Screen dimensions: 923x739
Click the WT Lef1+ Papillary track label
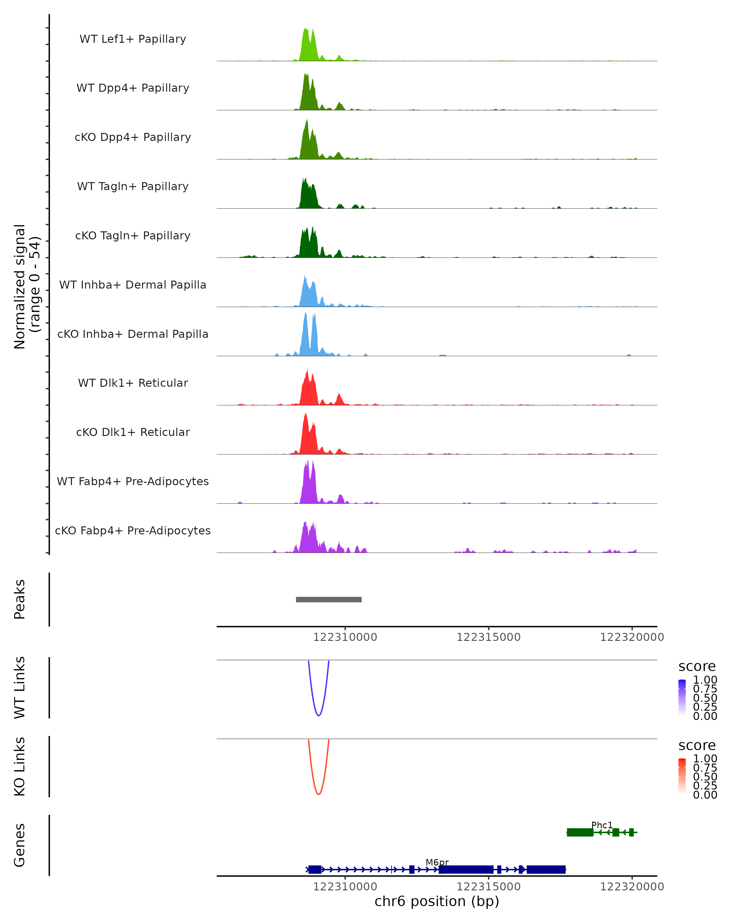133,39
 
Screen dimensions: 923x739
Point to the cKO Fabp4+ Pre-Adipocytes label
133,530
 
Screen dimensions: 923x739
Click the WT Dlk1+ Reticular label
133,383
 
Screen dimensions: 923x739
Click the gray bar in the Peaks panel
329,599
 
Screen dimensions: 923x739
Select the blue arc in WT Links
318,715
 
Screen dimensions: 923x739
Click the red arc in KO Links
318,794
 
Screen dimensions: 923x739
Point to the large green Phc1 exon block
579,832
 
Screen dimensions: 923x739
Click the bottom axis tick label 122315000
488,887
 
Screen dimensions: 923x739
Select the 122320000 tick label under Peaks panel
632,637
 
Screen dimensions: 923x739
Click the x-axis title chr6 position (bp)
437,901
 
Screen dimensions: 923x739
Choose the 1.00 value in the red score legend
705,759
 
